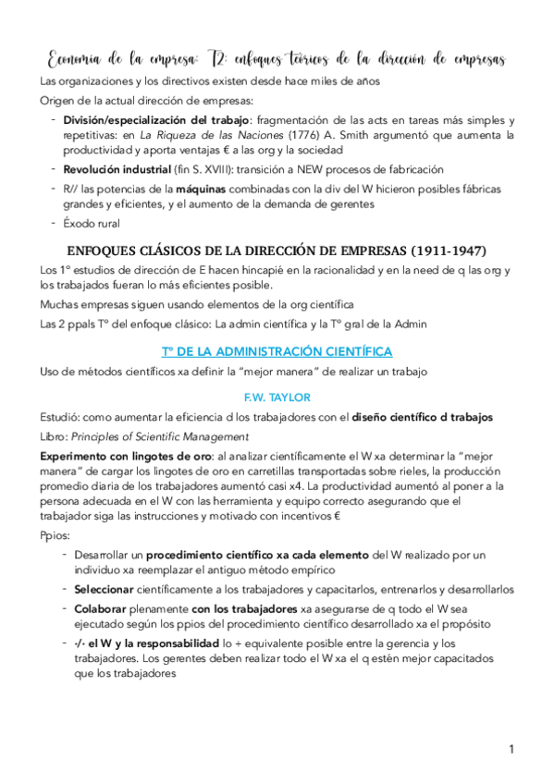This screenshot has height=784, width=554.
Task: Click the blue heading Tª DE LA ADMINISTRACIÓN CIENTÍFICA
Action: (x=264, y=351)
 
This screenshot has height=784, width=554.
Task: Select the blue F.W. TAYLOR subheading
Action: (x=265, y=397)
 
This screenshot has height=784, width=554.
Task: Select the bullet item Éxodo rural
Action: (x=92, y=223)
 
